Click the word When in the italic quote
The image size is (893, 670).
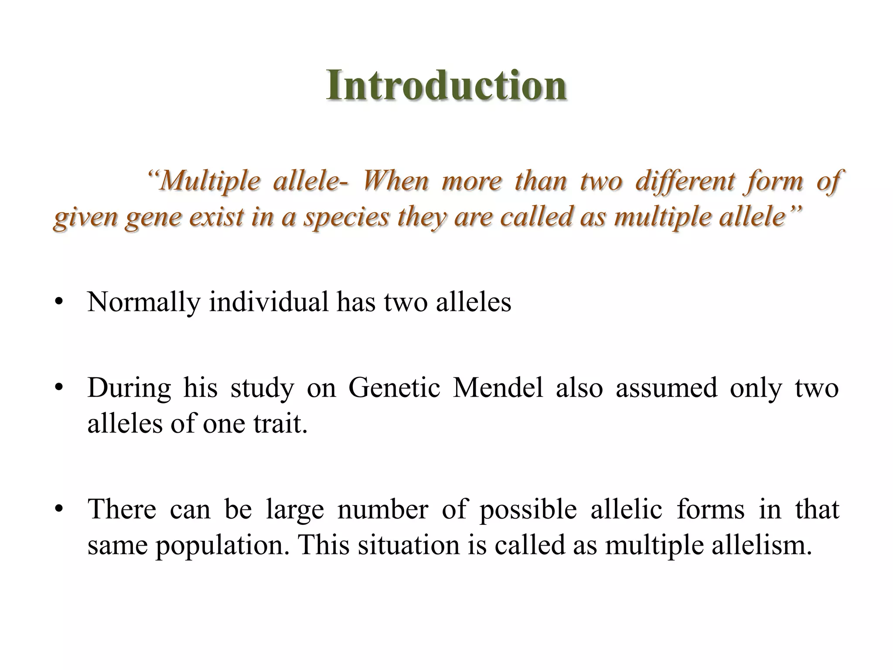tap(395, 181)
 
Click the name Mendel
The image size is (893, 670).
tap(498, 387)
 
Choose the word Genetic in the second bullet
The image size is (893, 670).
tap(394, 387)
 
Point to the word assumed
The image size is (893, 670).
tap(666, 387)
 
